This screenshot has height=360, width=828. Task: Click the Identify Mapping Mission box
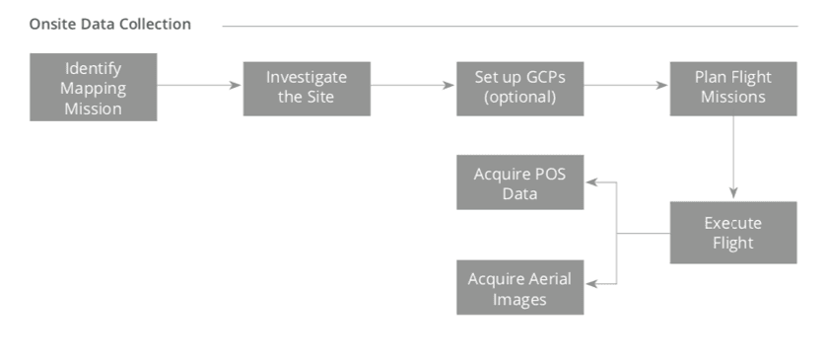coord(93,89)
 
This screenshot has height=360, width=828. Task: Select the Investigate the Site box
coord(307,89)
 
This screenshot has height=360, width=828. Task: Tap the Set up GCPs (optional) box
coord(519,89)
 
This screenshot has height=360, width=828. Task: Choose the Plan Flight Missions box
coord(732,89)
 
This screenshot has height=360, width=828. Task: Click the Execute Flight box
coord(732,233)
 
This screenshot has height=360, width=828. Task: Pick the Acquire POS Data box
coord(519,182)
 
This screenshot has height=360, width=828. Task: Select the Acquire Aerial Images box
coord(519,287)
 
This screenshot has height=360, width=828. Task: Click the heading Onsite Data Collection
coord(110,24)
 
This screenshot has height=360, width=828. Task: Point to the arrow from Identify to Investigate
coord(199,85)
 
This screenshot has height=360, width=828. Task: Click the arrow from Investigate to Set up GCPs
coord(412,85)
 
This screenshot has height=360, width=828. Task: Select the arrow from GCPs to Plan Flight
coord(625,85)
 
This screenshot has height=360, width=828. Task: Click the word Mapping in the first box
coord(93,89)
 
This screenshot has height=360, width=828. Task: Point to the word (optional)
coord(519,98)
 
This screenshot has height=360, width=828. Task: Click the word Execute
coord(732,223)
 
